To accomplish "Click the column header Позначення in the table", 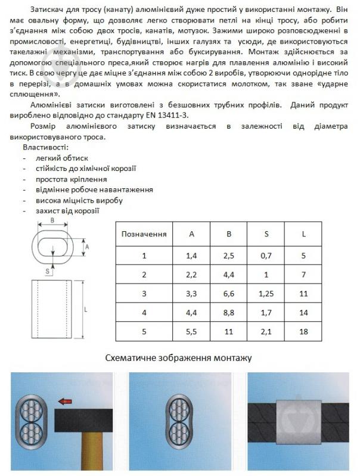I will point(144,234).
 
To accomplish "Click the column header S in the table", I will point(265,234).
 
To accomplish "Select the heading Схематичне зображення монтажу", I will point(179,358).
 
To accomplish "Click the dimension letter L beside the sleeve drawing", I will point(86,310).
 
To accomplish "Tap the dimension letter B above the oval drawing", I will point(52,221).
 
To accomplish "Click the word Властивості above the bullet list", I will point(45,147).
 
